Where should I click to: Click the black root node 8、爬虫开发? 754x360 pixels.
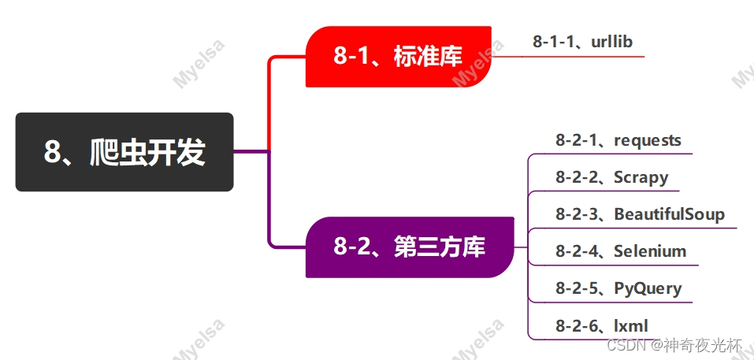(124, 152)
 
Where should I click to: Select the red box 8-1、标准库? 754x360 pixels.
(398, 57)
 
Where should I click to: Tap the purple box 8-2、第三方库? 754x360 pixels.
(410, 247)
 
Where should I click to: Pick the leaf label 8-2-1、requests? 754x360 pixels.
(618, 140)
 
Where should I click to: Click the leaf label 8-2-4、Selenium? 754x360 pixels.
(620, 251)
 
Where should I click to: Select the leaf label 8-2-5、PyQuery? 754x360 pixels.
(618, 288)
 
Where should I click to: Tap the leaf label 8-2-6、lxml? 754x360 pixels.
(603, 325)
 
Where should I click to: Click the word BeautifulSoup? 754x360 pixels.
(669, 213)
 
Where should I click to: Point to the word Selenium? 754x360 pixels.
(650, 251)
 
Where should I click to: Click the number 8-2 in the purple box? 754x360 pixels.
(352, 247)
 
